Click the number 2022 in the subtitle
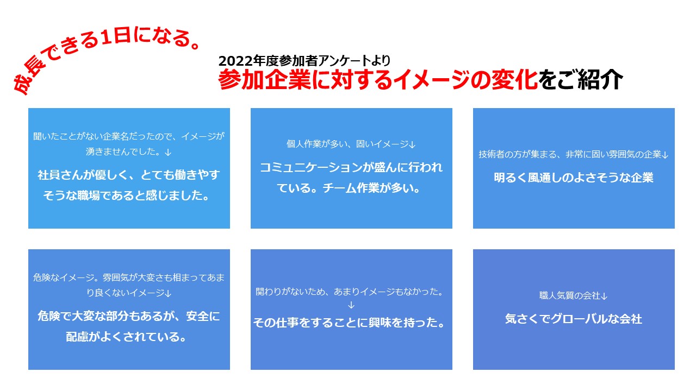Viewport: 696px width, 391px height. tap(235, 61)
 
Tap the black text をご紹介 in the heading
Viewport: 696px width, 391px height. tap(580, 80)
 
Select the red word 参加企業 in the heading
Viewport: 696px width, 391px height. tap(265, 80)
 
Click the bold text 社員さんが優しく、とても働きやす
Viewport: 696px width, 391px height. tap(129, 175)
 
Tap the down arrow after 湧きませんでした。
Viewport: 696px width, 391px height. tap(168, 153)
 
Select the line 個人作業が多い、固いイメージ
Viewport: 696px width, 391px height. tap(347, 144)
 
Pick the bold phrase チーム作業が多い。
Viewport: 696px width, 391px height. tap(371, 188)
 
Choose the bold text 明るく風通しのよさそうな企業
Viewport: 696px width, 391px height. tap(574, 178)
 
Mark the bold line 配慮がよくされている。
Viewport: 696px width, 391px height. tap(126, 337)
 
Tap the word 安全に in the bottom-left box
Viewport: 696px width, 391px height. tap(203, 316)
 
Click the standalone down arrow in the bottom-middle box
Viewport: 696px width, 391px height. tap(351, 305)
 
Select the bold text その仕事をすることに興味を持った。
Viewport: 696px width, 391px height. tap(349, 323)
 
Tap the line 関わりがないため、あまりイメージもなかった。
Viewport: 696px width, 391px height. tap(350, 292)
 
